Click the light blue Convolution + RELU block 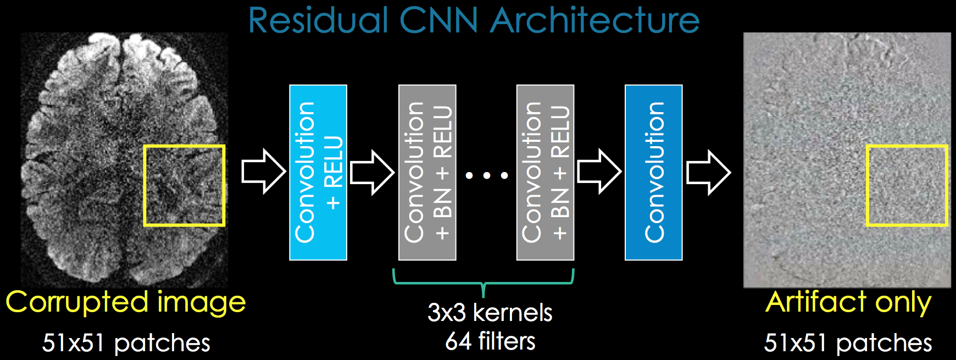click(318, 172)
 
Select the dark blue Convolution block click(654, 172)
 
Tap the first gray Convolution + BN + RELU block click(427, 172)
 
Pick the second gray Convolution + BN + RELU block click(545, 172)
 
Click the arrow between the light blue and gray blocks click(372, 173)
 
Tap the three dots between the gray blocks click(487, 176)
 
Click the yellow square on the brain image click(184, 186)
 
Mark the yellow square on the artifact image click(907, 186)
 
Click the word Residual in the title click(318, 21)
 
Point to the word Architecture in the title click(594, 21)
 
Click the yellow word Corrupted click(77, 303)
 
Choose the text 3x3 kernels click(490, 312)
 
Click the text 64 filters click(490, 341)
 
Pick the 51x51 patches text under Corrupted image click(126, 343)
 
